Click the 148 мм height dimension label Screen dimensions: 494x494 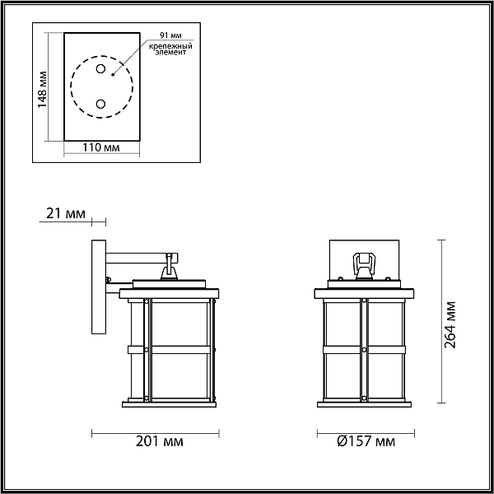pyautogui.click(x=42, y=90)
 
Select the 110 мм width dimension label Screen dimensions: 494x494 pyautogui.click(x=101, y=147)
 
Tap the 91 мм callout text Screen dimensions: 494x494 pyautogui.click(x=170, y=35)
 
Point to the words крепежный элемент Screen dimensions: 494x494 pyautogui.click(x=170, y=49)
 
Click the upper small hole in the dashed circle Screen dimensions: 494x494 pyautogui.click(x=100, y=68)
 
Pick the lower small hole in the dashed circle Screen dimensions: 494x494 pyautogui.click(x=100, y=104)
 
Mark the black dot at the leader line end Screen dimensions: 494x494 pyautogui.click(x=113, y=75)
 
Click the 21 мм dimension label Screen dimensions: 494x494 pyautogui.click(x=66, y=213)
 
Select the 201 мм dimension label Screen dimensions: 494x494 pyautogui.click(x=160, y=441)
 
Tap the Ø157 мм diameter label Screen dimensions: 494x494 pyautogui.click(x=366, y=441)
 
